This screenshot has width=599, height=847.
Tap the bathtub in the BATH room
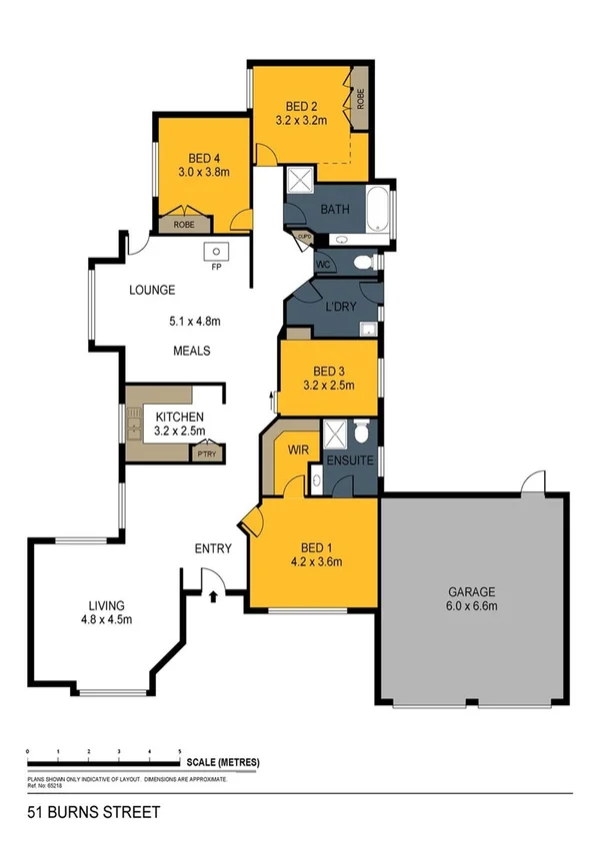[380, 212]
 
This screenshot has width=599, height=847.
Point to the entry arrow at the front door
[214, 598]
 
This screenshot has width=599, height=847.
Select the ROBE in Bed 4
[184, 225]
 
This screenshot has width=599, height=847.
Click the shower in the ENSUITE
[340, 431]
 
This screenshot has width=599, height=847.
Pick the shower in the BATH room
[299, 180]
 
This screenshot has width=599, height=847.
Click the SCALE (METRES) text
[223, 762]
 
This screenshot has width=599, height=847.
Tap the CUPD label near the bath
[303, 237]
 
